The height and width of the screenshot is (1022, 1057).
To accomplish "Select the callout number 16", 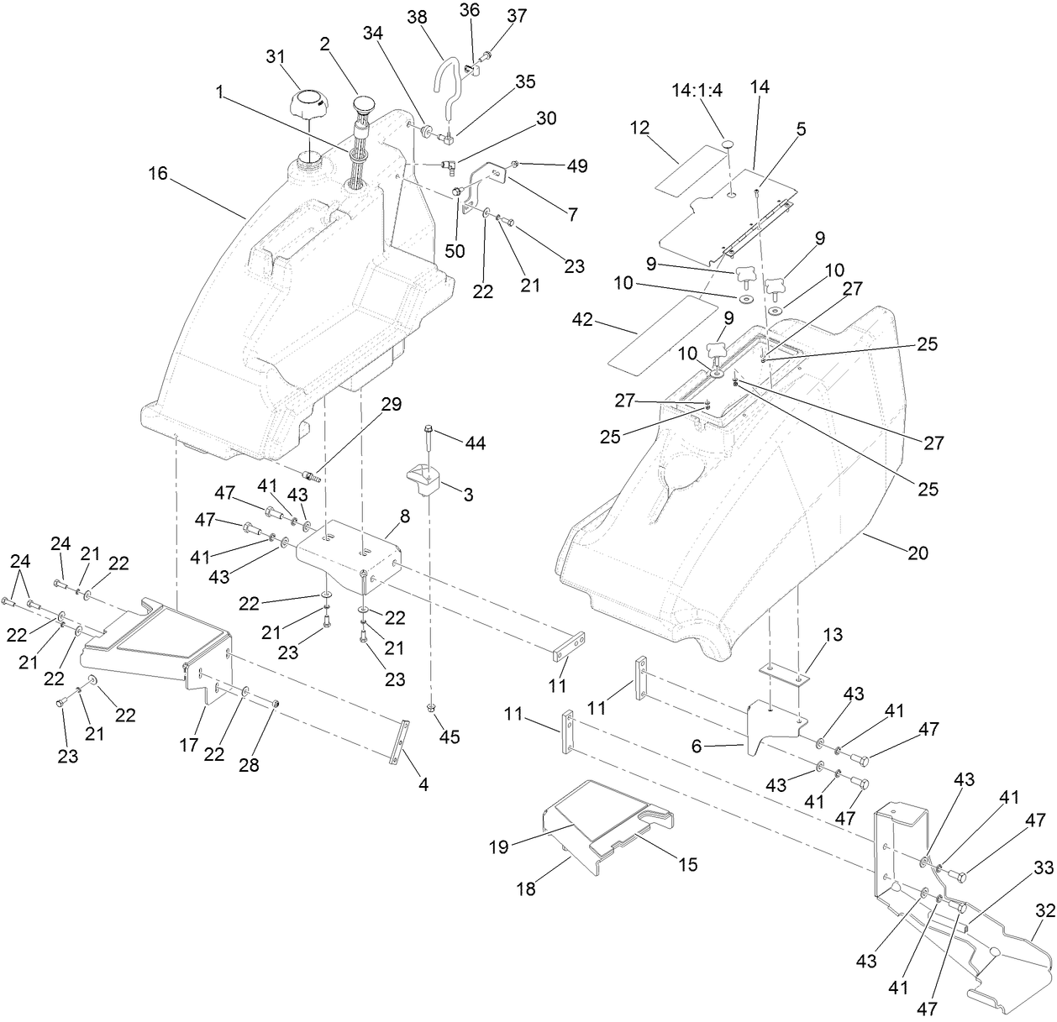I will tap(158, 174).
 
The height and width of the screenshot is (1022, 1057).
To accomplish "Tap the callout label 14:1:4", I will tap(697, 92).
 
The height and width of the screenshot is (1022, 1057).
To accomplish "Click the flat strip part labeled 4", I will tap(402, 742).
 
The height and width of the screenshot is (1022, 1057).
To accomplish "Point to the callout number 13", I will tap(809, 634).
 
